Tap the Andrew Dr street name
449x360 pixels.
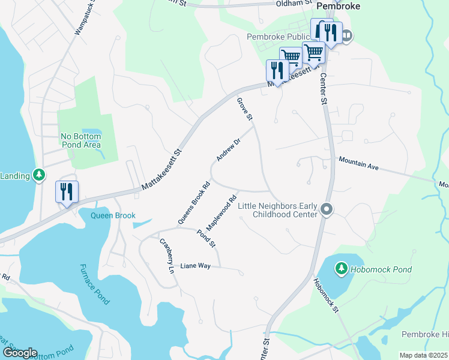228,149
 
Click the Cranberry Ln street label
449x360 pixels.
166,257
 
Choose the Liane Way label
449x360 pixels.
196,265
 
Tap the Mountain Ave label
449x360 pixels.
358,163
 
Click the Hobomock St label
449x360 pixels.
326,294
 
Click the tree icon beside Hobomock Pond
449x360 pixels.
341,269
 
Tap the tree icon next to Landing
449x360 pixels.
39,175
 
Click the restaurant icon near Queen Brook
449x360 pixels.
66,192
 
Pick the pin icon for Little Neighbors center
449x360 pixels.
327,210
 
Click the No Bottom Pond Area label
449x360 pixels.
81,140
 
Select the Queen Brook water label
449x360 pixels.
113,215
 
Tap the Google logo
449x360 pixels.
20,352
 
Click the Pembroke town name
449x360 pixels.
338,5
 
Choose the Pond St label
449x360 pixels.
206,238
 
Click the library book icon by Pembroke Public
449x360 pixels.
347,36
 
